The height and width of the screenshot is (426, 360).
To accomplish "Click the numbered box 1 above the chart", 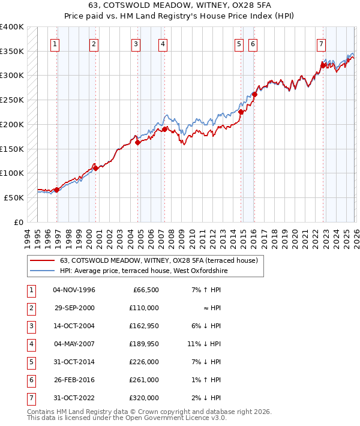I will point(55,44).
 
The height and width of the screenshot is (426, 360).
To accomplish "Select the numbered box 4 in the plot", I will point(163,44).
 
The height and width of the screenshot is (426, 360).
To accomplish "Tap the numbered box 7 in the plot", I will point(321,44).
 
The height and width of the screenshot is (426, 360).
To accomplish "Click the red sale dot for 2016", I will point(254,94).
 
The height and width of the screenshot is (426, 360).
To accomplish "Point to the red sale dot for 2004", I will point(137,142).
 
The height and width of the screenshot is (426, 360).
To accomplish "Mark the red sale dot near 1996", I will point(56,190).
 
